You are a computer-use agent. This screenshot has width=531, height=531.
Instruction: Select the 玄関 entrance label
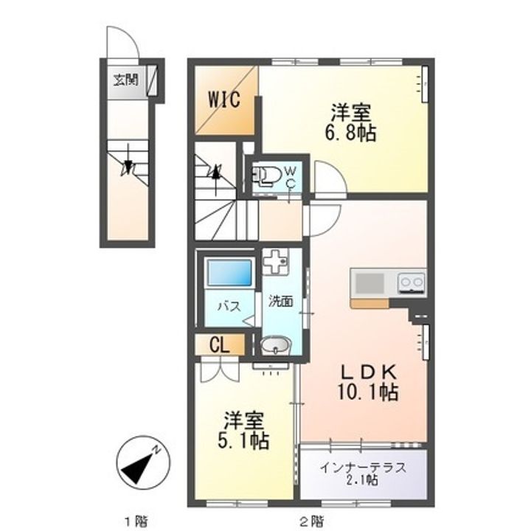125,80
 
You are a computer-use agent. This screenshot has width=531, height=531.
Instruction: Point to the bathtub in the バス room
229,274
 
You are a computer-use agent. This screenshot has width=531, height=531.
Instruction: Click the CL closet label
218,344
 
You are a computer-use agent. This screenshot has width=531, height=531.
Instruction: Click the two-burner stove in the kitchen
411,282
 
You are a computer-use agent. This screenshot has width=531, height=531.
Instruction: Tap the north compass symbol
140,462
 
